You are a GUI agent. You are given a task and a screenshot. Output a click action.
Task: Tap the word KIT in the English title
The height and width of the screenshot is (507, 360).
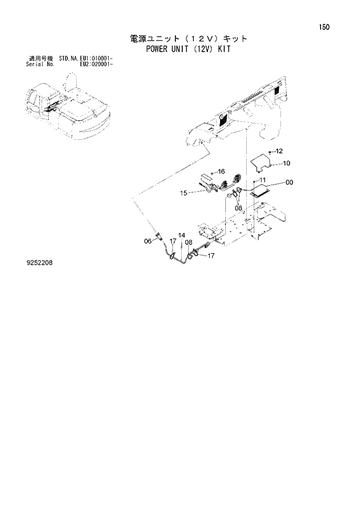[x=224, y=49]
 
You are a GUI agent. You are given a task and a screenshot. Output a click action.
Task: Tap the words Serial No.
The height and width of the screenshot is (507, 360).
[x=39, y=64]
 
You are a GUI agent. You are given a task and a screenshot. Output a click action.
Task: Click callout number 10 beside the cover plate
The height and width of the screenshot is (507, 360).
[x=286, y=163]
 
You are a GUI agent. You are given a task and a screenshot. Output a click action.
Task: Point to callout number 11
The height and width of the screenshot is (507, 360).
[x=262, y=180]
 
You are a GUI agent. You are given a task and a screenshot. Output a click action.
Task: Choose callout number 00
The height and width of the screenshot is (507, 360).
[x=289, y=182]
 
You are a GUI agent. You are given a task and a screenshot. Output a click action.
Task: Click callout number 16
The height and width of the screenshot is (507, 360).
[x=221, y=172]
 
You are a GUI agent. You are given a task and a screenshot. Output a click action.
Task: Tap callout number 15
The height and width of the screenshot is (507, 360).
[x=183, y=193]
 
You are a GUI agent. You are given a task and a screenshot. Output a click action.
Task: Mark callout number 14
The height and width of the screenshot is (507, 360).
[x=182, y=235]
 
